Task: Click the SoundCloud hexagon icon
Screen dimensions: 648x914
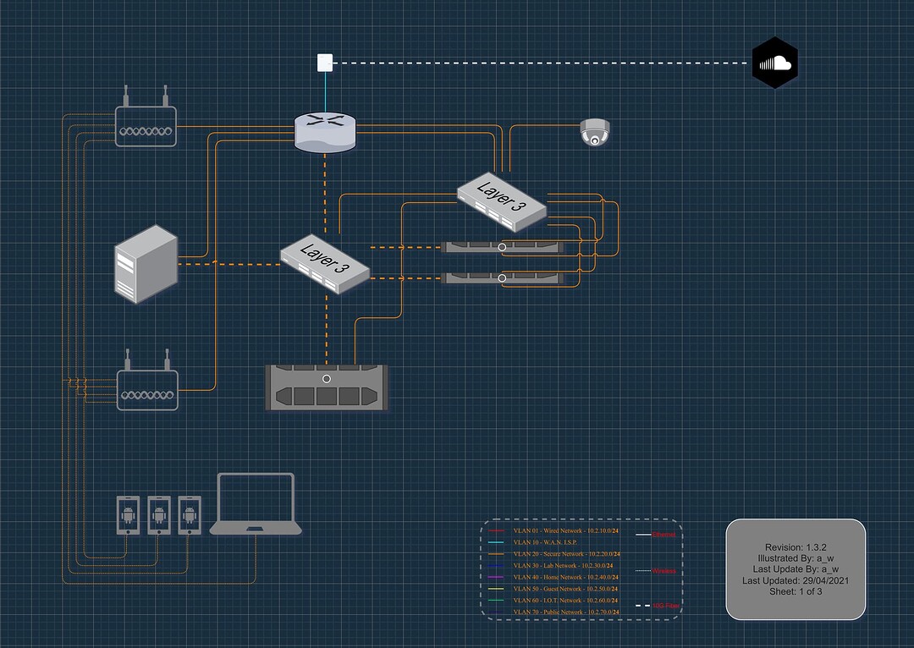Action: [774, 63]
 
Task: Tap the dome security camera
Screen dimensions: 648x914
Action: [594, 132]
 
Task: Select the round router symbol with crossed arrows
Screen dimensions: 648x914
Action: [326, 133]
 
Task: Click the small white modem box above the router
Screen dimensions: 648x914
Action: [325, 62]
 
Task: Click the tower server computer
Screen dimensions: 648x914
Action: [146, 263]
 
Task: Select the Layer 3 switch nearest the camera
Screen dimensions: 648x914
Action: [501, 200]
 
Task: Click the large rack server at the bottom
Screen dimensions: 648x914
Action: [327, 388]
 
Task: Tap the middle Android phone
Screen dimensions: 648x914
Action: [159, 515]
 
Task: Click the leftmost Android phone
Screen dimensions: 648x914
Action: [128, 515]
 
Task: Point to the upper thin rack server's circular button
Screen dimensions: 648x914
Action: [502, 247]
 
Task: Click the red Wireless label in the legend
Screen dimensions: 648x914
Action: [664, 572]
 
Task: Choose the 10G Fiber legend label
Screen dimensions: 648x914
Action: [665, 607]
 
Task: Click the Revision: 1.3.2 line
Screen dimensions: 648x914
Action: [796, 547]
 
